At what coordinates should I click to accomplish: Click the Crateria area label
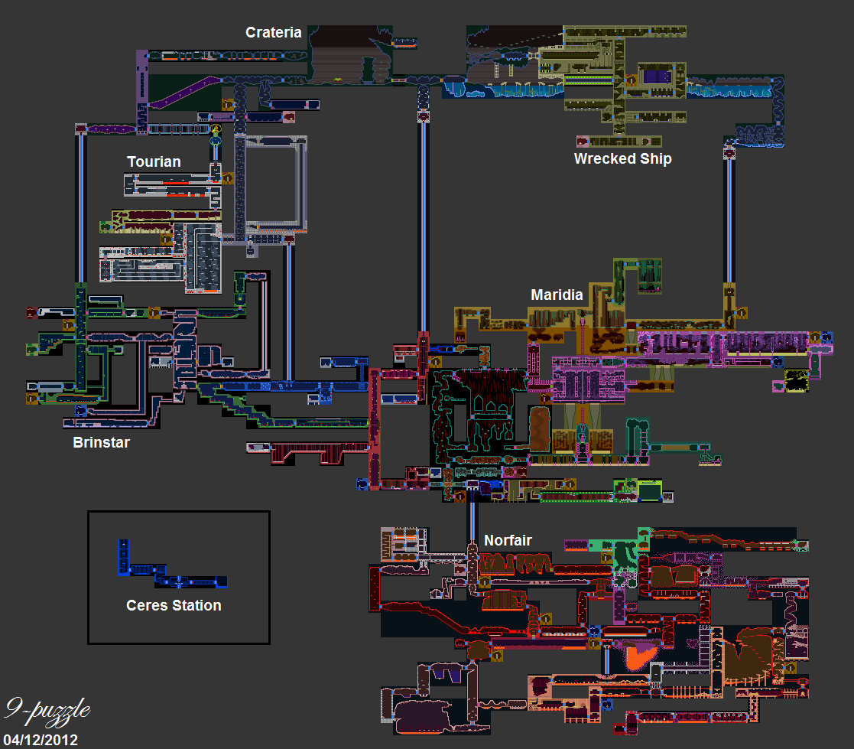(x=273, y=33)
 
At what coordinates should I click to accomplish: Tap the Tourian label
(x=154, y=161)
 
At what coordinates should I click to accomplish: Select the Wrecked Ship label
(x=622, y=158)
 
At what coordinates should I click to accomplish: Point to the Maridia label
(x=557, y=295)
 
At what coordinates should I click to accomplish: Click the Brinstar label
(x=102, y=442)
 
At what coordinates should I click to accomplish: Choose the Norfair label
(x=508, y=541)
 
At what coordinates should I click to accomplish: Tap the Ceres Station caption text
(x=174, y=605)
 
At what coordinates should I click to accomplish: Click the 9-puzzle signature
(x=47, y=710)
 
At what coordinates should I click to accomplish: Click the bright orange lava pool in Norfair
(x=638, y=656)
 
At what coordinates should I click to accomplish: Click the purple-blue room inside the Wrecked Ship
(x=656, y=75)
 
